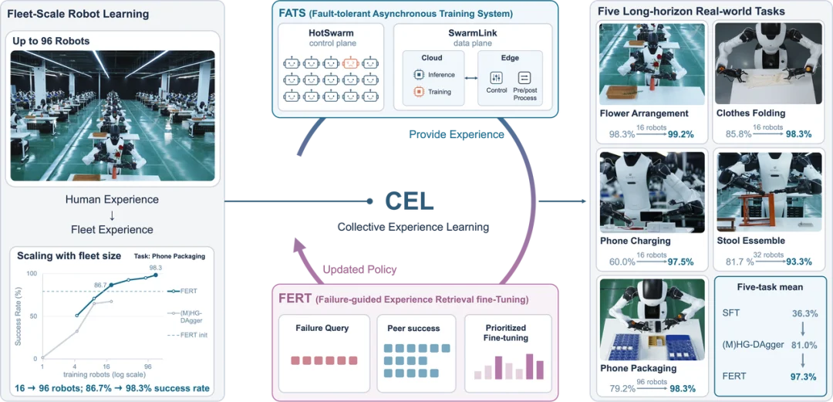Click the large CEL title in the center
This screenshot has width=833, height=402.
pyautogui.click(x=409, y=201)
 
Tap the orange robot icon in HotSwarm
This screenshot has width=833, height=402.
pyautogui.click(x=350, y=63)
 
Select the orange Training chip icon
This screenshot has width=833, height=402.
pyautogui.click(x=418, y=92)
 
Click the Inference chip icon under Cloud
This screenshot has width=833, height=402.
pyautogui.click(x=418, y=74)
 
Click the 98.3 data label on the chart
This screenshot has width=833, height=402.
pyautogui.click(x=155, y=268)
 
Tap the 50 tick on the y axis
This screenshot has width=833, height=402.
pyautogui.click(x=33, y=316)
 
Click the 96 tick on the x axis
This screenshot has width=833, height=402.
pyautogui.click(x=148, y=367)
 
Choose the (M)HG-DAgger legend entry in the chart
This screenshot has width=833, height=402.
pyautogui.click(x=187, y=316)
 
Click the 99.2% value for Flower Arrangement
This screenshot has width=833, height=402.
pyautogui.click(x=680, y=134)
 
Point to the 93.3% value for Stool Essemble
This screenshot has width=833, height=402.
pyautogui.click(x=798, y=262)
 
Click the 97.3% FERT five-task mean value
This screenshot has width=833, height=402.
pyautogui.click(x=803, y=376)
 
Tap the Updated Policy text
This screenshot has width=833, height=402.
pyautogui.click(x=359, y=269)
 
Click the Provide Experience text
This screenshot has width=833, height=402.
pyautogui.click(x=457, y=134)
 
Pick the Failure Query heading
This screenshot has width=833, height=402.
pyautogui.click(x=322, y=328)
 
